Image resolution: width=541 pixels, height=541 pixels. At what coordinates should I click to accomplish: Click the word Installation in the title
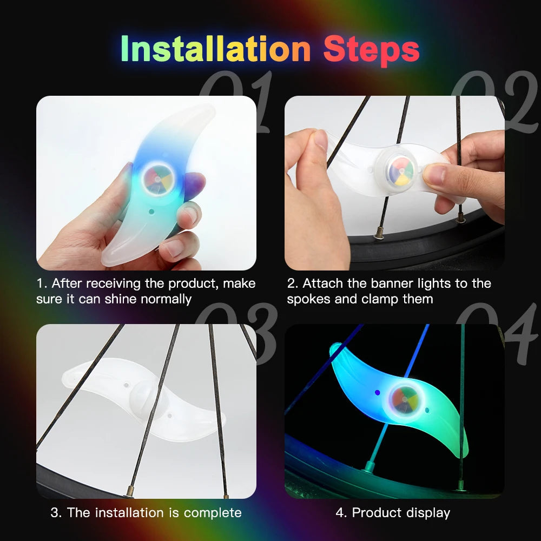coord(215,49)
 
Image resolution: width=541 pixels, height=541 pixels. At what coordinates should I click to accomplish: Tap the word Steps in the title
coord(371,49)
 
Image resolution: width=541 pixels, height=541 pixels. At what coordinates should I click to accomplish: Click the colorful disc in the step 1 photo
coord(156,178)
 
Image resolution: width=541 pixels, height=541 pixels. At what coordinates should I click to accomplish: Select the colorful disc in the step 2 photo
coord(401,169)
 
